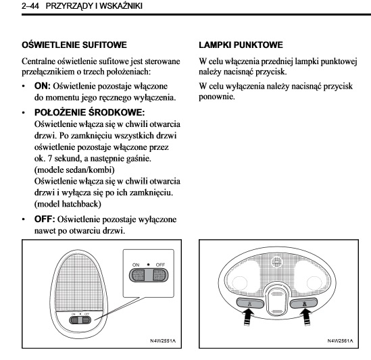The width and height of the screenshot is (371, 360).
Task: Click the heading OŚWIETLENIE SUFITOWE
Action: tap(74, 45)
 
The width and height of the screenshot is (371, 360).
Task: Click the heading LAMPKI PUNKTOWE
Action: tap(241, 45)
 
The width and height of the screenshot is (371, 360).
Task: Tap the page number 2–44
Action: tap(30, 6)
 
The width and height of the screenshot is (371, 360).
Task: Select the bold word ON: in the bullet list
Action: tap(43, 86)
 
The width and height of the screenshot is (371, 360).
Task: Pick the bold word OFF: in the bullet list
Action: tap(45, 219)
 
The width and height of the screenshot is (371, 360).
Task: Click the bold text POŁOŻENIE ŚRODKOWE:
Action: tap(89, 112)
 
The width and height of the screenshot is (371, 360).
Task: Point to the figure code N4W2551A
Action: tap(163, 340)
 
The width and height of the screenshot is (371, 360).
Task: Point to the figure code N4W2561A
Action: tap(340, 340)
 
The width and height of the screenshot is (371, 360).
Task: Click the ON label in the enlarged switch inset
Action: tap(136, 265)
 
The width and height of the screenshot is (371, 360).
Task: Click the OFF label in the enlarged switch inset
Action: tap(160, 265)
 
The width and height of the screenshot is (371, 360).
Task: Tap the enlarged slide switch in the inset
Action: tap(149, 276)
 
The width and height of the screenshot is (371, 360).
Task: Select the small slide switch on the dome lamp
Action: tap(80, 320)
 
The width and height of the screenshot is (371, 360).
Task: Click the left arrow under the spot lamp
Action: tap(247, 318)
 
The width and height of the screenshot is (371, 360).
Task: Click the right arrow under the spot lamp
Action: tap(305, 318)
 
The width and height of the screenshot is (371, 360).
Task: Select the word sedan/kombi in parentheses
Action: tap(88, 170)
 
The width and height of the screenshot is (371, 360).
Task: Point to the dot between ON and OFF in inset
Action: tap(149, 265)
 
